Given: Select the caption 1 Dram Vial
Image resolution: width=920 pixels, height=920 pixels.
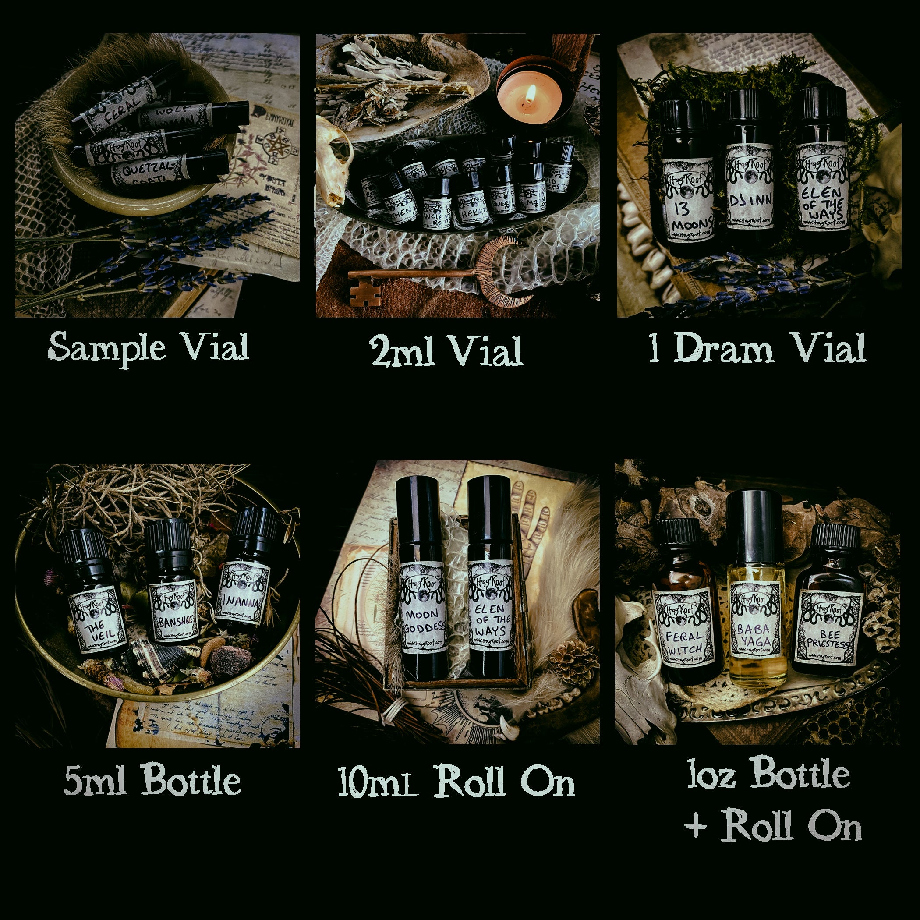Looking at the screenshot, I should tap(757, 350).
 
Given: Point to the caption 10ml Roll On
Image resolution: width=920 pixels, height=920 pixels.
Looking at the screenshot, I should tap(456, 782).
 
